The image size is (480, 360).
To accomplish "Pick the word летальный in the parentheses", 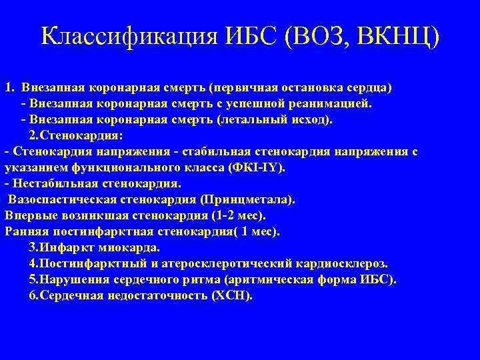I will pyautogui.click(x=257, y=120).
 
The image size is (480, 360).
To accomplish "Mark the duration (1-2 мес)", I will pyautogui.click(x=237, y=215).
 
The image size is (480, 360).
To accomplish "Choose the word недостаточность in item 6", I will pyautogui.click(x=155, y=296).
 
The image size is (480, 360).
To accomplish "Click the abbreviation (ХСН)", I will pyautogui.click(x=231, y=296).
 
